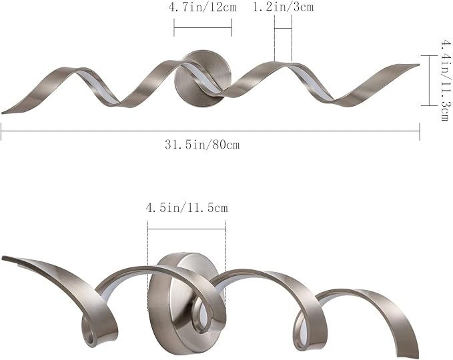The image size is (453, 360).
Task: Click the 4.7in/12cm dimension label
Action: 203,7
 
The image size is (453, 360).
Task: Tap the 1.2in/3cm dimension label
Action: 283,7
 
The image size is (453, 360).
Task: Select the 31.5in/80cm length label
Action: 202,145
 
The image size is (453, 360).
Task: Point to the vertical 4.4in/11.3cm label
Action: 444,80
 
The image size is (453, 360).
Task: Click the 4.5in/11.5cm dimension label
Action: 187,207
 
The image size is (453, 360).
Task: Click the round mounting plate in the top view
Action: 203,78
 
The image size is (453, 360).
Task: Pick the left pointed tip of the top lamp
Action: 2,113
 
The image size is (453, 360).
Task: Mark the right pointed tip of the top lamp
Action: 418,65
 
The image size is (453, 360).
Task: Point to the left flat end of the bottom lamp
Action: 3,257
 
